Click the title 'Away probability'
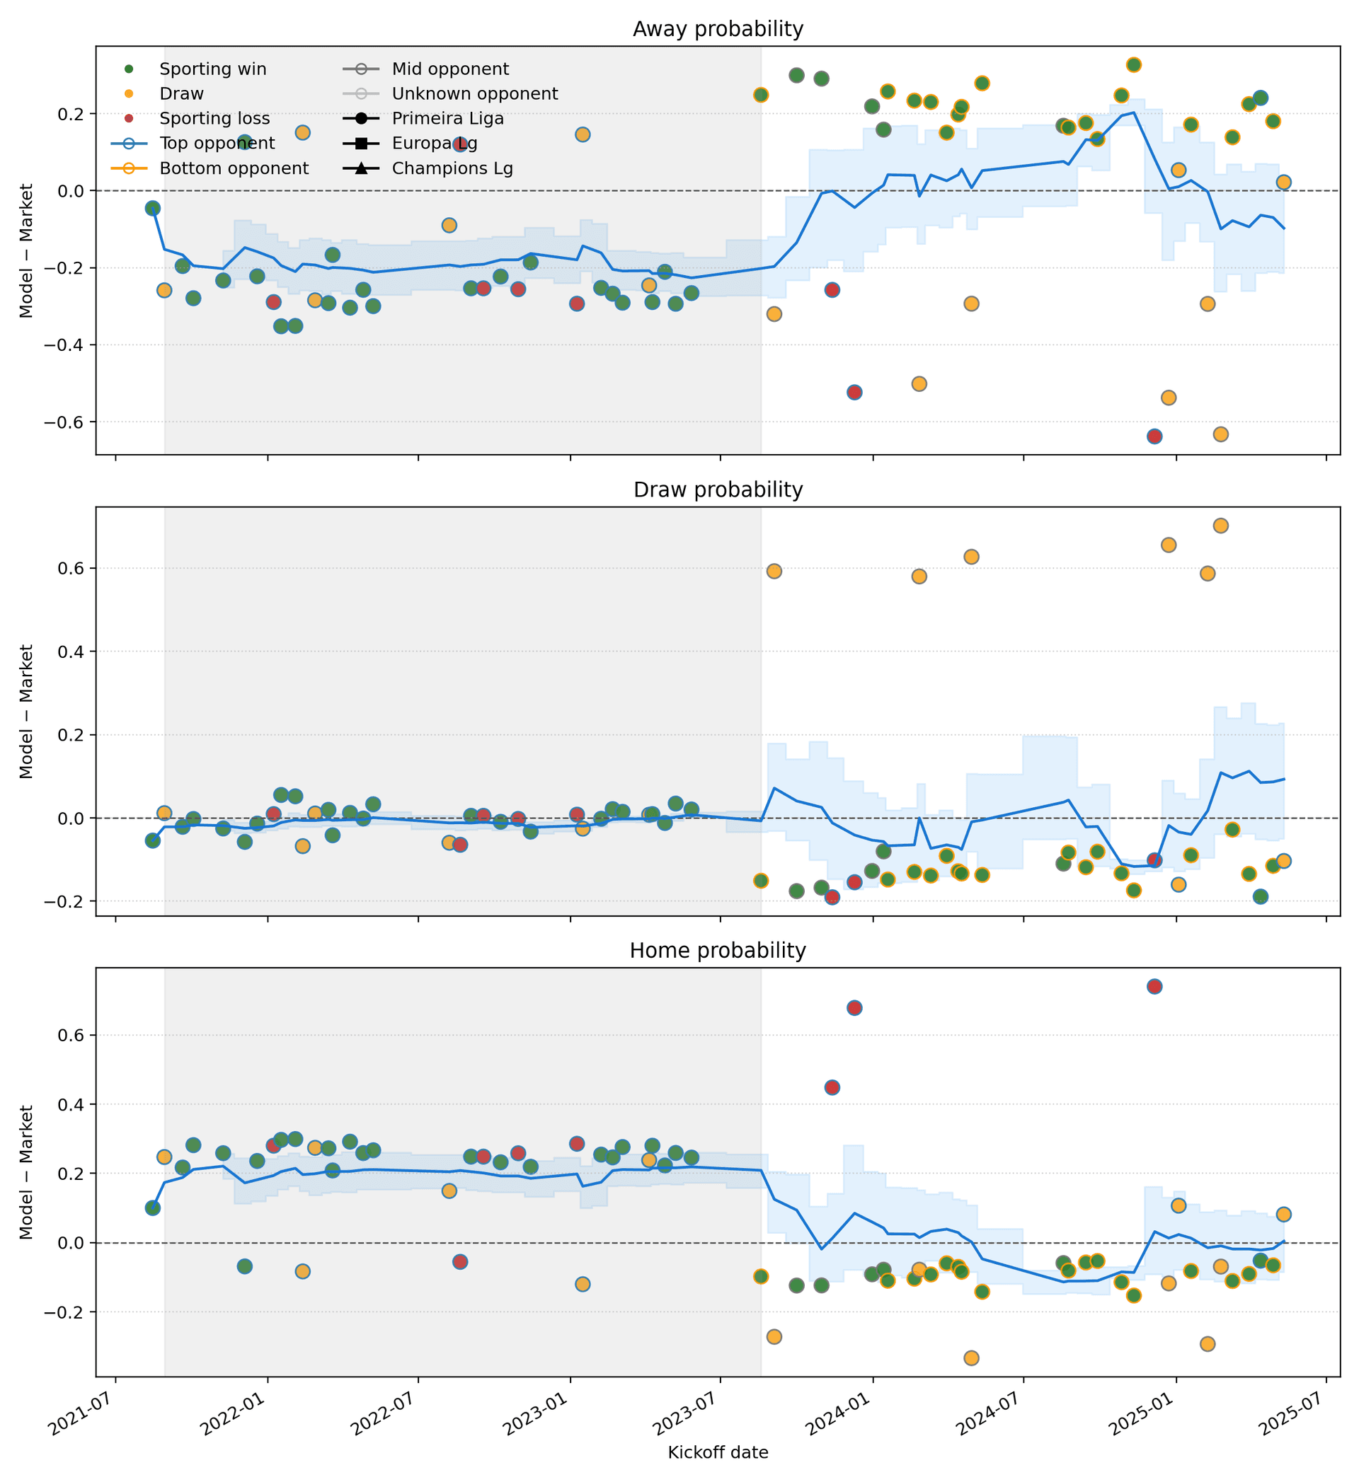tap(718, 30)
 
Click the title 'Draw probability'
tap(718, 490)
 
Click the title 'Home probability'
tap(718, 951)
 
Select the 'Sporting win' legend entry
tap(212, 69)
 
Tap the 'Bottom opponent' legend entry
tap(234, 168)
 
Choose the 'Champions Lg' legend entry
tap(452, 168)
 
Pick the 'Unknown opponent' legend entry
tap(474, 94)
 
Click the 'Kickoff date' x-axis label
tap(718, 1452)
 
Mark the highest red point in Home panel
tap(1154, 987)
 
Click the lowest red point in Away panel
tap(1154, 436)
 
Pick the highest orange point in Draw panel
tap(1220, 526)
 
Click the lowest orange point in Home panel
tap(970, 1357)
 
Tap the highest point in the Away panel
tap(1133, 64)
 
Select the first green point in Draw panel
tap(152, 840)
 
